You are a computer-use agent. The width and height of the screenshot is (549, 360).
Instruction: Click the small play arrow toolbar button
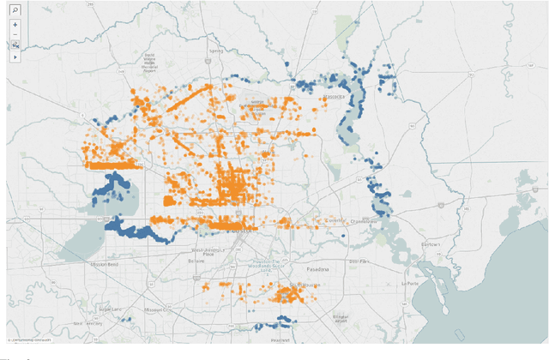15,56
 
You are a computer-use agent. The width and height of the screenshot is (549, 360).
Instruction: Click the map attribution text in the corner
27,341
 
